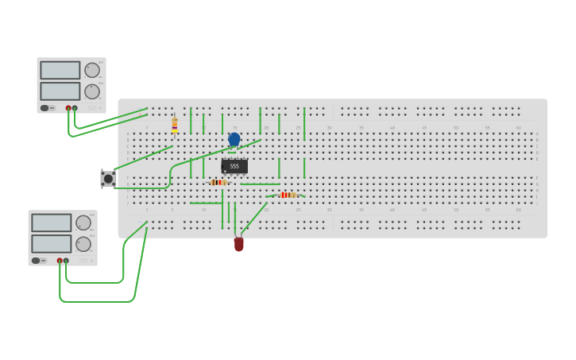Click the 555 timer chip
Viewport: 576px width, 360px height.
click(x=234, y=166)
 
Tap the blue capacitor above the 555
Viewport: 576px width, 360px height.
click(x=234, y=139)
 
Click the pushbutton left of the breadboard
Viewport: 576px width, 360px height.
click(x=108, y=179)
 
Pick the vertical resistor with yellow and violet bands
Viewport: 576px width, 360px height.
click(x=175, y=125)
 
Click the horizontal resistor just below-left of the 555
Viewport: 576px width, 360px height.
click(x=218, y=182)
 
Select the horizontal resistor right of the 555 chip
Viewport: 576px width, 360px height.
click(x=287, y=195)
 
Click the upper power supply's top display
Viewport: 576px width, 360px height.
click(x=60, y=71)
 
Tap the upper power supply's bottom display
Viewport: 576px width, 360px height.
click(x=60, y=91)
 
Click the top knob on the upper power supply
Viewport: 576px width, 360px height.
click(x=92, y=70)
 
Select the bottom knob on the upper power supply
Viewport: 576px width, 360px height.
click(x=92, y=90)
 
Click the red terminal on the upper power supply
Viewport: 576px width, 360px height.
click(x=68, y=108)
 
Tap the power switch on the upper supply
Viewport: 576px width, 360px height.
click(x=45, y=107)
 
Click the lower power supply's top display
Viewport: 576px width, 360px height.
click(x=52, y=223)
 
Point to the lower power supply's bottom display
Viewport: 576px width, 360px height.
click(x=52, y=243)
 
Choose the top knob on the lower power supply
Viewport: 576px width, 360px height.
click(x=83, y=223)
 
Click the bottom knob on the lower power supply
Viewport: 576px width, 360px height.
click(x=83, y=243)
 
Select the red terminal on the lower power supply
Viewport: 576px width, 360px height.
click(x=60, y=261)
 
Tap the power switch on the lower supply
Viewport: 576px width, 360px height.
click(x=37, y=260)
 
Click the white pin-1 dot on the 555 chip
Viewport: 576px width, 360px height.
click(x=225, y=171)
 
